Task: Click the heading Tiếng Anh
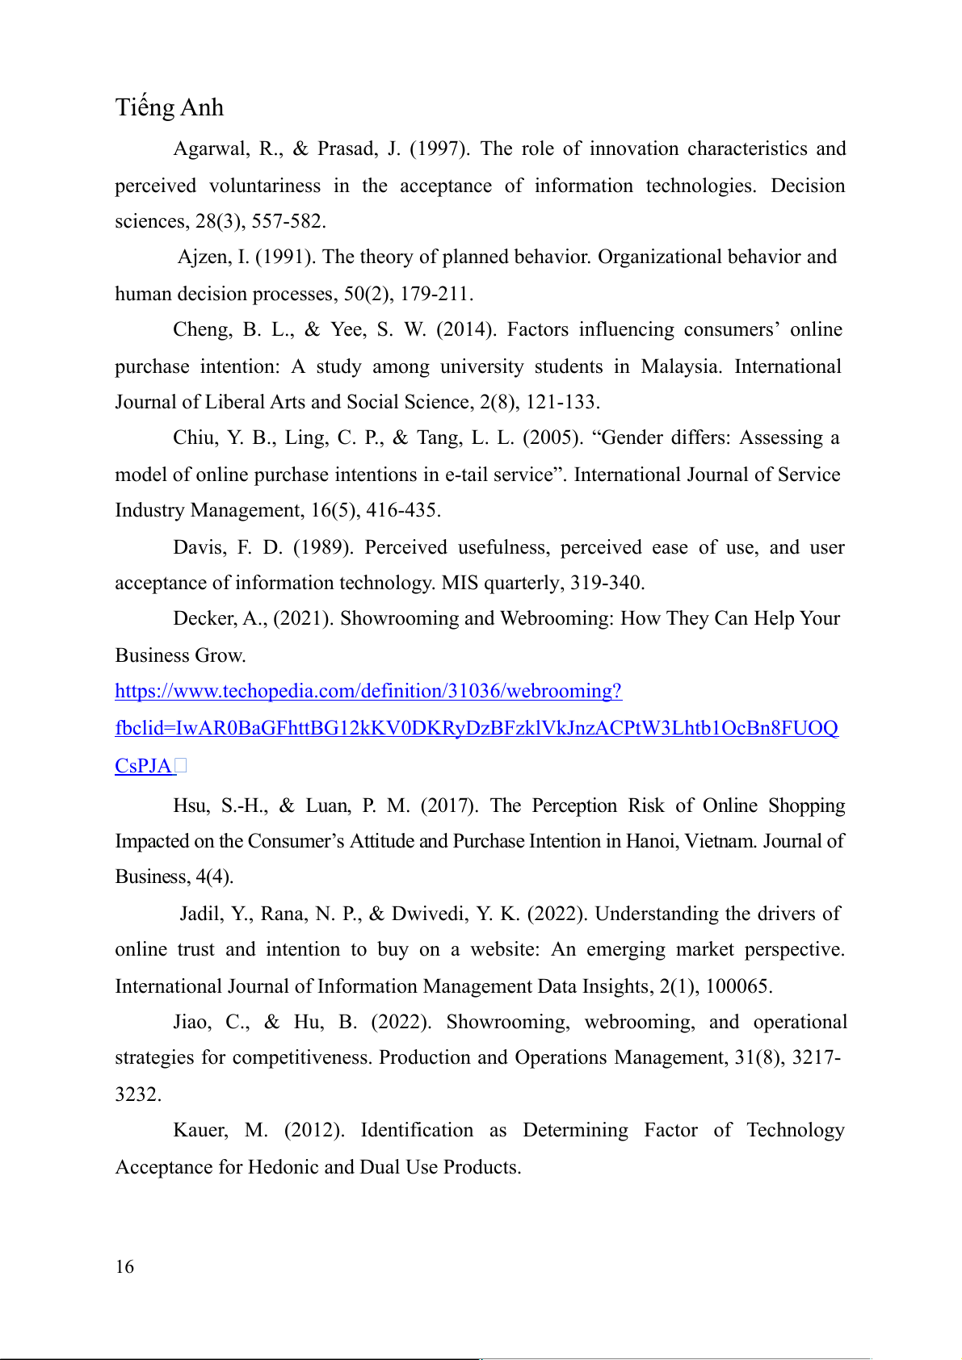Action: click(169, 107)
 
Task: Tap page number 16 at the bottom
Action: click(124, 1266)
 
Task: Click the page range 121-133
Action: click(562, 403)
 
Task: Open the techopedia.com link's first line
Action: click(368, 692)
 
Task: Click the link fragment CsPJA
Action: click(144, 766)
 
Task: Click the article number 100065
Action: click(739, 987)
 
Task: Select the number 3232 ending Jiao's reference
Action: click(137, 1095)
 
